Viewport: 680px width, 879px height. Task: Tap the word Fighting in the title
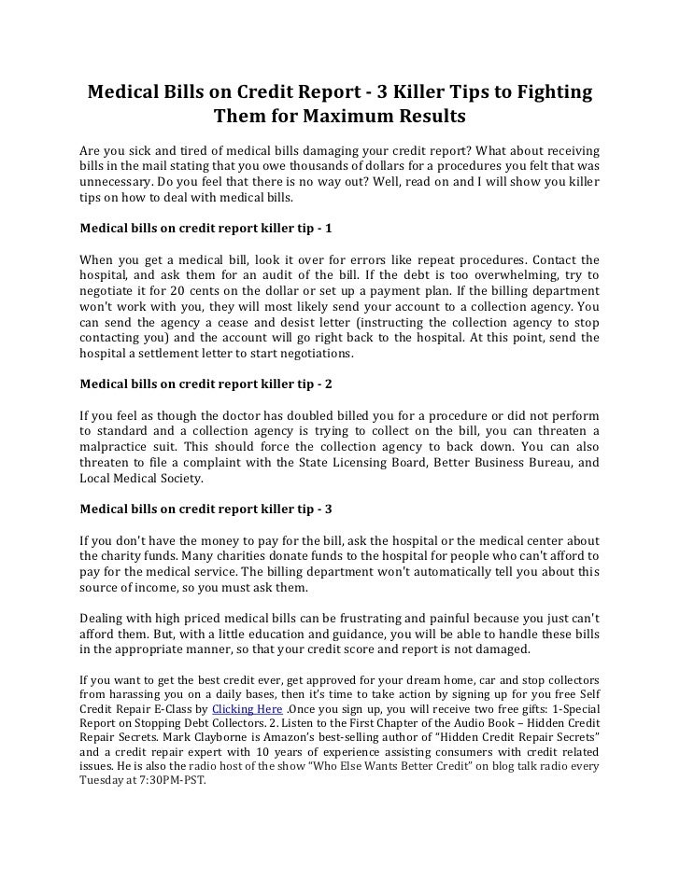(543, 93)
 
